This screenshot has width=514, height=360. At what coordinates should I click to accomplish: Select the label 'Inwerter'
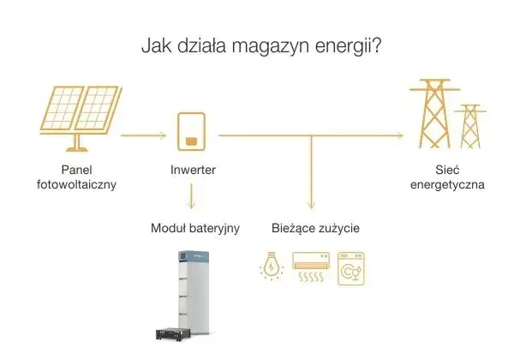pyautogui.click(x=192, y=170)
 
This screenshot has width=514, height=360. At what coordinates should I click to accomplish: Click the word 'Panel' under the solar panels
pyautogui.click(x=76, y=170)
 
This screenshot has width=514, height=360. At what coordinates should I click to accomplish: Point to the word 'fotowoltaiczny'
pyautogui.click(x=76, y=184)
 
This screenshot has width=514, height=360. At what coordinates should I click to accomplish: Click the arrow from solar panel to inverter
pyautogui.click(x=142, y=135)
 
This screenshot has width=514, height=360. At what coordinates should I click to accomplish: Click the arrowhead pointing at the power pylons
pyautogui.click(x=398, y=135)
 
